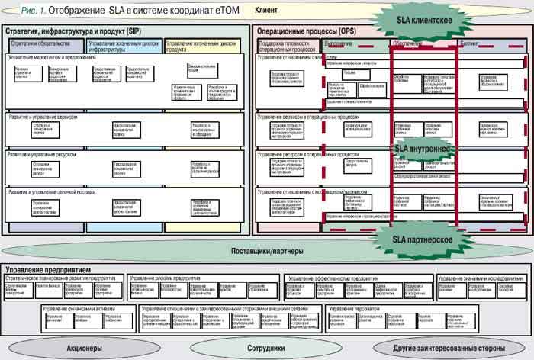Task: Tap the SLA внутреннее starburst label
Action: coord(422,148)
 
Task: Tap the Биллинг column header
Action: coord(470,43)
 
